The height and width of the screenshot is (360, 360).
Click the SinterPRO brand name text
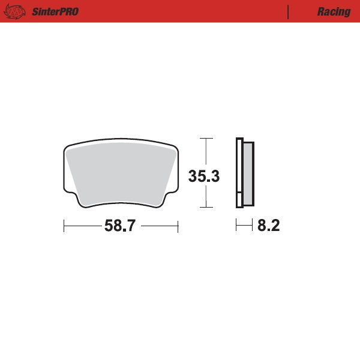[x=54, y=12]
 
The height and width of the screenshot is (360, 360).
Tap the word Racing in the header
[x=334, y=12]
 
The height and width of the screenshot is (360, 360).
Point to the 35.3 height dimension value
[x=205, y=176]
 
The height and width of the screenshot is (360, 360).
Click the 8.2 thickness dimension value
[x=269, y=226]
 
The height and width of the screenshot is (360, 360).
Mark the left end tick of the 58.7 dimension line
[x=64, y=226]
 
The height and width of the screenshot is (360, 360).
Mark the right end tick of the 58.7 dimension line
[x=178, y=226]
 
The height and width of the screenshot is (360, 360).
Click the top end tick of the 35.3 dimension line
[x=206, y=139]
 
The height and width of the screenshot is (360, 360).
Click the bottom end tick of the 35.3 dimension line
[x=206, y=208]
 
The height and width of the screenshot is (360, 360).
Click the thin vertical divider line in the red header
[x=289, y=12]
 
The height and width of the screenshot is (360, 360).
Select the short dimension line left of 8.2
[x=244, y=226]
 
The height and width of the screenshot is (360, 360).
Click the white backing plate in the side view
[x=238, y=173]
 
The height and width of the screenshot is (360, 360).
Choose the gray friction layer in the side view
[x=247, y=173]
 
